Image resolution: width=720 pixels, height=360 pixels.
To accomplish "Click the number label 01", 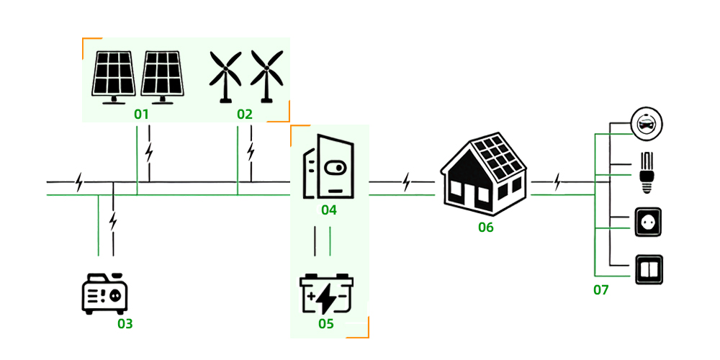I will pos(141,114).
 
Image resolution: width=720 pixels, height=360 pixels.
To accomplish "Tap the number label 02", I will pos(245,114).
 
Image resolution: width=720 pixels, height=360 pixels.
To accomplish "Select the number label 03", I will pos(125,323).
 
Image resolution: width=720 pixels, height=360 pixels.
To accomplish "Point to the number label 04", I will pos(329,210).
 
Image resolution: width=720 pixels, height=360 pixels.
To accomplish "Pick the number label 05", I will pos(326,323).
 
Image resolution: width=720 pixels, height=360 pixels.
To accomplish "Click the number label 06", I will pos(486,228).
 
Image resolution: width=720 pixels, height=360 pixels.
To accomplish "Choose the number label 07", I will pos(601,290).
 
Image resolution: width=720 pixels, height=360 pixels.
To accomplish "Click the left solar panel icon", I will pos(114,76).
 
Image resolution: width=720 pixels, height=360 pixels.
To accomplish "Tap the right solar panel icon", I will pos(162,76).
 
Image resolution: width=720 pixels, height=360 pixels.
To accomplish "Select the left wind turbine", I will pos(225,76).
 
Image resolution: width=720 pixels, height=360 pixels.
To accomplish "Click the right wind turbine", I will pos(266,76).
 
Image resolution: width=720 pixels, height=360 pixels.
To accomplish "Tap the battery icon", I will pos(326,294).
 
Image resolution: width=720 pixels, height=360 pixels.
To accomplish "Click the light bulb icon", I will pos(646,171).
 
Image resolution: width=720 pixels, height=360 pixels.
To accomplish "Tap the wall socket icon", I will pos(646,222).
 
